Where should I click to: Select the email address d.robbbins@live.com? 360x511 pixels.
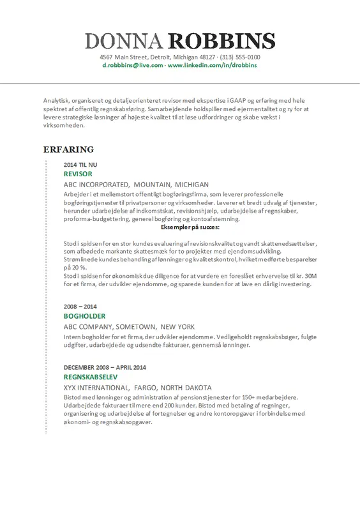[133, 66]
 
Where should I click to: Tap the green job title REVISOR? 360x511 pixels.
[78, 174]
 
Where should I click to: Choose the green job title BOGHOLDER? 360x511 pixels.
[84, 316]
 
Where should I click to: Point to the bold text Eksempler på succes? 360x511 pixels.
[190, 227]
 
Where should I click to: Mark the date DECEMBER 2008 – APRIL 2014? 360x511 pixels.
[105, 367]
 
